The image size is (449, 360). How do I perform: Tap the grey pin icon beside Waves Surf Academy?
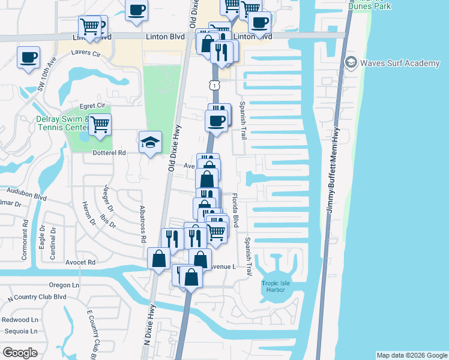tap(351, 62)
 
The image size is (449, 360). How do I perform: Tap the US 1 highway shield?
tap(214, 86)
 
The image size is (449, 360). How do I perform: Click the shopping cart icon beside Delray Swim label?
tap(100, 124)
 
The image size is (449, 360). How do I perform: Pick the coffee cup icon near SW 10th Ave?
tap(29, 58)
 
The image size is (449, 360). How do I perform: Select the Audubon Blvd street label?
tap(26, 193)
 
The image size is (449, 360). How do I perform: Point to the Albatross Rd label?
tap(143, 214)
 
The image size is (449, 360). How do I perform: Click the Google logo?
tap(20, 353)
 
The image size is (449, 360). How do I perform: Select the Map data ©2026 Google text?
tap(411, 355)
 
